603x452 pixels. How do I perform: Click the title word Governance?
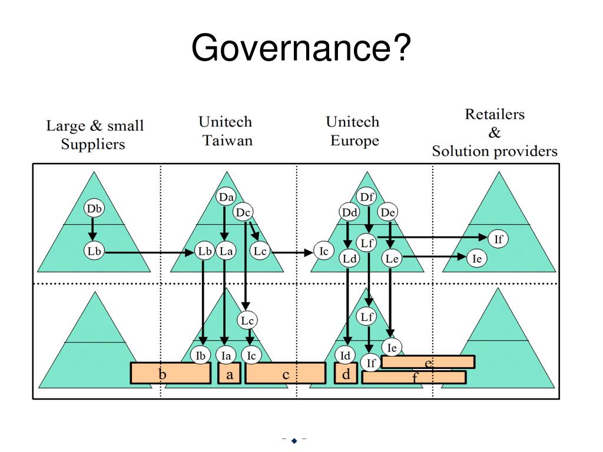point(300,48)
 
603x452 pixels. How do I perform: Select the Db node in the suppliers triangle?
point(94,209)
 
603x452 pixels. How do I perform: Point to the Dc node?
point(244,212)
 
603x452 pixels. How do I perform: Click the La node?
point(226,251)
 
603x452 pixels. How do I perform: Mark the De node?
point(387,212)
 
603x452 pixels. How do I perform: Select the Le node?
point(392,257)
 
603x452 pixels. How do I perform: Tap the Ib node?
point(201,355)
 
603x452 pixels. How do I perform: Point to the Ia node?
point(225,355)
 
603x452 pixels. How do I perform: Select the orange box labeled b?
point(170,373)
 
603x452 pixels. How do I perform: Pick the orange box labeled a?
point(229,373)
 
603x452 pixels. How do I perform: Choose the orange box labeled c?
point(285,373)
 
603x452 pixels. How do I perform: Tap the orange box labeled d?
point(346,373)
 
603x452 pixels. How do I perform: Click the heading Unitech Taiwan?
point(225,131)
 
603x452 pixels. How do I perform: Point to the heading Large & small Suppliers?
point(94,135)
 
